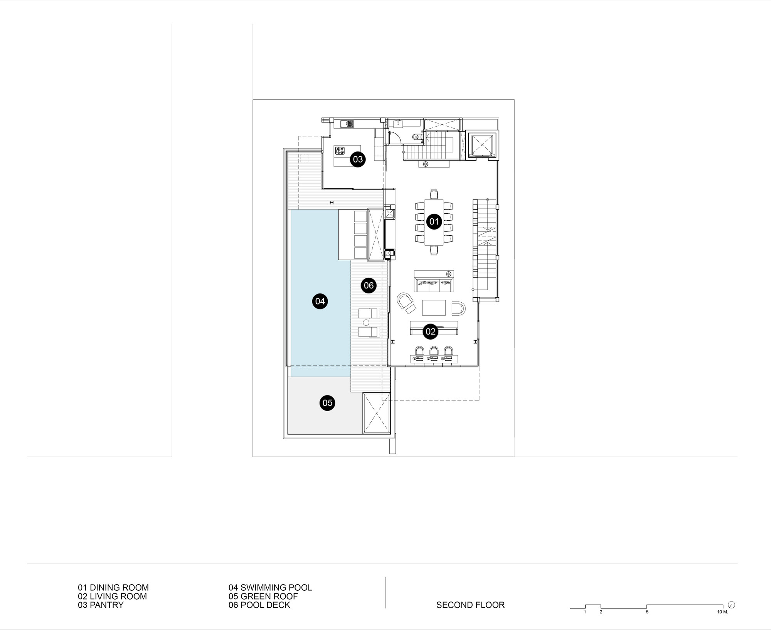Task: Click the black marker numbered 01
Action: (434, 221)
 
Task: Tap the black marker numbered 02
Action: (430, 332)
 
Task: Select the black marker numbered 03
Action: (358, 159)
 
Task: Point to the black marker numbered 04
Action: (320, 301)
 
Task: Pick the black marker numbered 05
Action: (327, 403)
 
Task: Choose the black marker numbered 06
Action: (369, 285)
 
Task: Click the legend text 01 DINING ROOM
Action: (113, 588)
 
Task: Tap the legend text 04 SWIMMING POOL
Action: (270, 588)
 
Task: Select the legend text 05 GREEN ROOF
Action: (263, 596)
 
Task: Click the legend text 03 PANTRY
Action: (101, 605)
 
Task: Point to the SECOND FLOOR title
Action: (470, 605)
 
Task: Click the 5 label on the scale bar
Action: (647, 612)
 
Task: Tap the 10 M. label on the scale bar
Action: (722, 612)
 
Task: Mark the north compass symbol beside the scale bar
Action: (732, 605)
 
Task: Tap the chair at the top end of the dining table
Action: (434, 194)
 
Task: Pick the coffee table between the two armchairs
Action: (434, 308)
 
